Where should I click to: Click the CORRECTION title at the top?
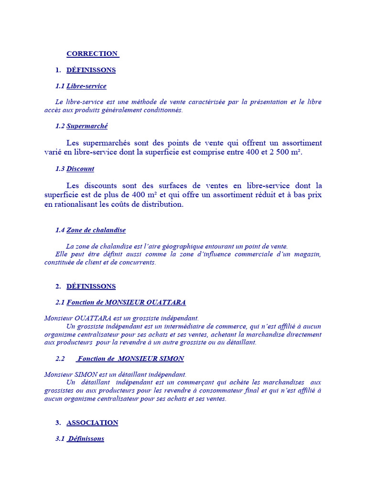pos(92,53)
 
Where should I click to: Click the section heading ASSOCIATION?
pos(92,423)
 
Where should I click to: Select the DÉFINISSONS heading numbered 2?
pos(91,286)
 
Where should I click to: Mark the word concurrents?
pos(138,262)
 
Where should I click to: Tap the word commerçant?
pos(187,383)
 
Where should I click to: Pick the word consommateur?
pos(222,391)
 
